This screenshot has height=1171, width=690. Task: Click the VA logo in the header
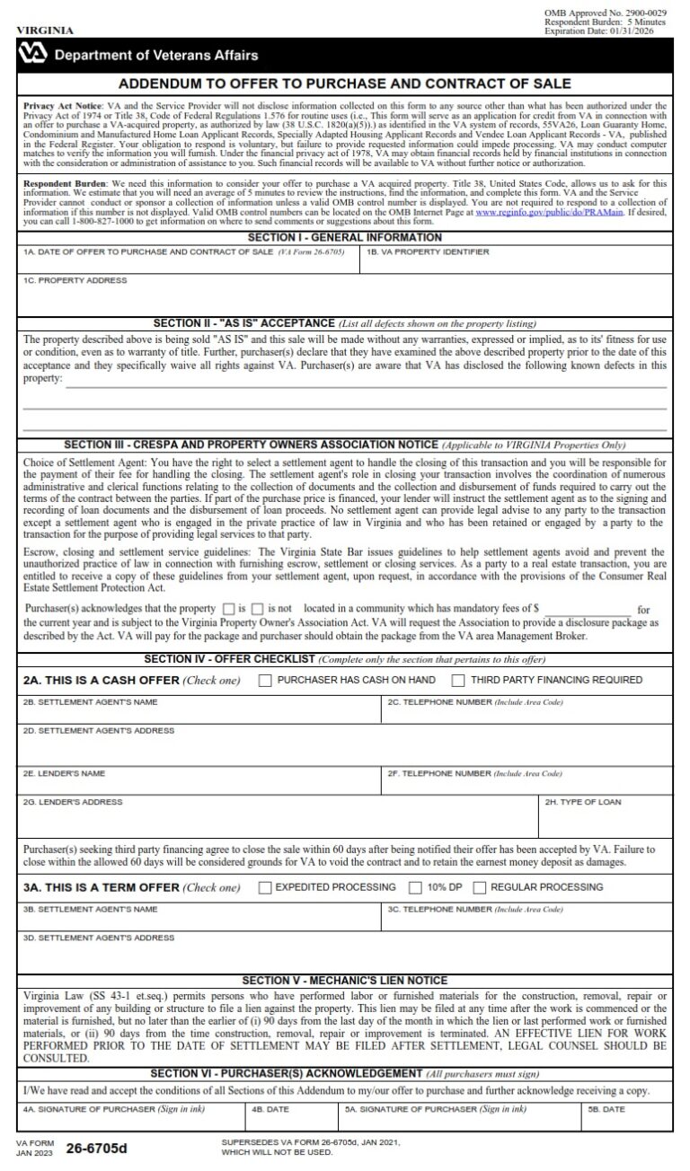34,55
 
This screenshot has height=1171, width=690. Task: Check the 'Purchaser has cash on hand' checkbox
265,680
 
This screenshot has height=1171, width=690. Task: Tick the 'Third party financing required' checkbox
458,680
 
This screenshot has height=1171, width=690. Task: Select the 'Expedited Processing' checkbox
265,887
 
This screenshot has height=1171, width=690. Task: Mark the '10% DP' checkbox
415,887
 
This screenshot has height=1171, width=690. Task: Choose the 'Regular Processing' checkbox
481,887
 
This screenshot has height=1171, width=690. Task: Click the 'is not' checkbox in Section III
258,609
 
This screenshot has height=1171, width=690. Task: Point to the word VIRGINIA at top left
45,30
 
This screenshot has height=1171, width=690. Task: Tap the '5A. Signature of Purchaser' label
436,1110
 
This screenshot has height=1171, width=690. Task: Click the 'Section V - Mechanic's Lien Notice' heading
344,981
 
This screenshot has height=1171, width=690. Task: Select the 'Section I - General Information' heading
344,238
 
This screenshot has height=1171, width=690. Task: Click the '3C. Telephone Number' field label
475,909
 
